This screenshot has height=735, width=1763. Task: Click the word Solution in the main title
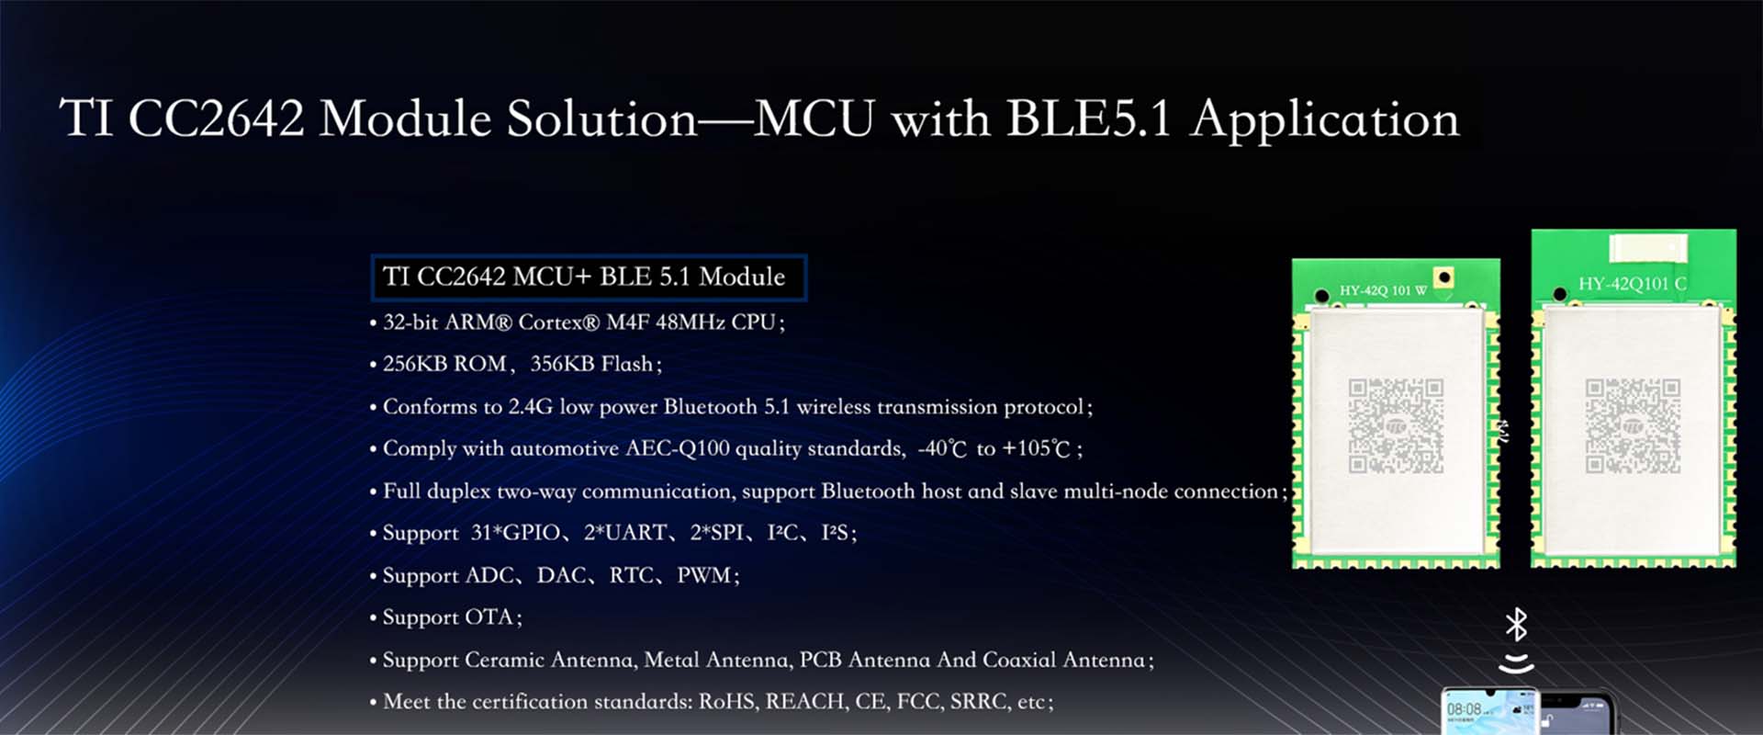[601, 119]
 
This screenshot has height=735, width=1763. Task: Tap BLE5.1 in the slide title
[1089, 119]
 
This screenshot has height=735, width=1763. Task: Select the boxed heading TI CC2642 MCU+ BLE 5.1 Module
[589, 277]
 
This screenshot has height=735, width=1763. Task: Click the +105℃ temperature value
[1037, 448]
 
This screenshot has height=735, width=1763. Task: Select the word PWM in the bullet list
[704, 575]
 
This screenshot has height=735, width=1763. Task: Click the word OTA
[489, 616]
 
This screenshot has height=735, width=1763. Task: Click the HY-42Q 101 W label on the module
[1383, 290]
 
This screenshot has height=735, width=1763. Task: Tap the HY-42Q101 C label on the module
[1633, 284]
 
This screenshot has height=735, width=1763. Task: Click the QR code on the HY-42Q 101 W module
[1396, 426]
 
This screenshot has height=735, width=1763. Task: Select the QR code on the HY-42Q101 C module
[1633, 426]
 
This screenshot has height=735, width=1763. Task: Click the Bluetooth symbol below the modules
[1516, 625]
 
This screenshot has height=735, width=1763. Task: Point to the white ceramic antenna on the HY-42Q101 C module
[1648, 247]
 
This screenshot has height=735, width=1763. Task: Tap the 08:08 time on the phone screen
[1464, 709]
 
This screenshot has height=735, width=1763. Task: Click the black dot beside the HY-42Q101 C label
[1559, 295]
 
